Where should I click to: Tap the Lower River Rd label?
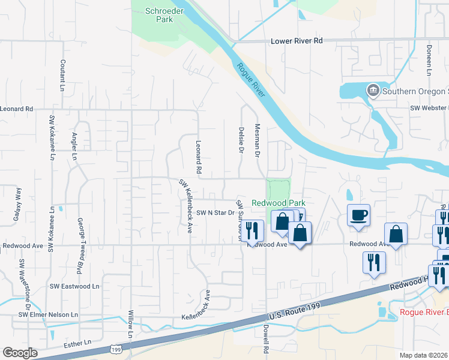coord(297,41)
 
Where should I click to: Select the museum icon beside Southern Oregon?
coord(373,91)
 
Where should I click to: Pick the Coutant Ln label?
coord(62,74)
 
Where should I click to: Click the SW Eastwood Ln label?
coord(74,287)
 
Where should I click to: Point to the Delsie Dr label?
coord(240,139)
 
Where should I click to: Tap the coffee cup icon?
coord(358,215)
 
